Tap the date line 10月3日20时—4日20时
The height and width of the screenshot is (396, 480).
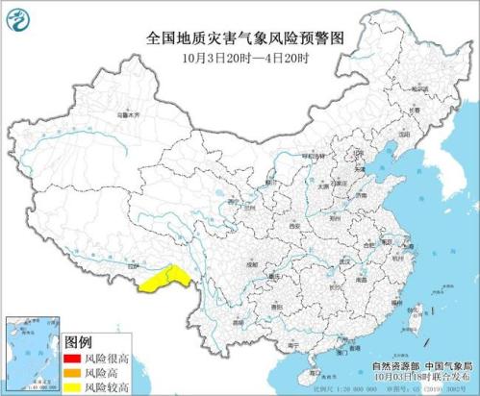click(x=240, y=56)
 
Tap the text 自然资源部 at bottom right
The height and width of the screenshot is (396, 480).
click(x=392, y=368)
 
